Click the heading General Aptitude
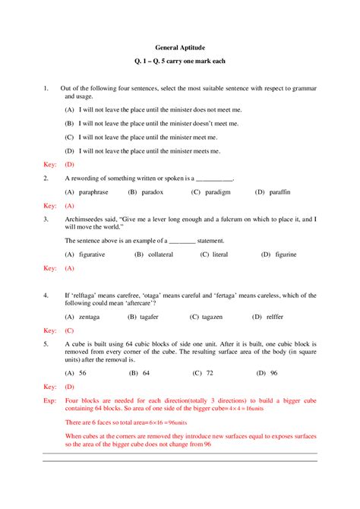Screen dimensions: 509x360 (x=181, y=46)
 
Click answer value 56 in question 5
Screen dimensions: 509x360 (x=82, y=373)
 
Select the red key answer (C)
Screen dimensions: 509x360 (x=69, y=330)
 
